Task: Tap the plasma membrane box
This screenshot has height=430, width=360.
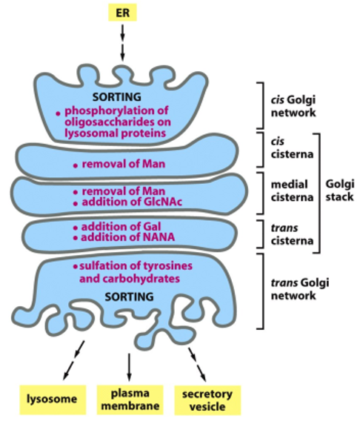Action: click(130, 400)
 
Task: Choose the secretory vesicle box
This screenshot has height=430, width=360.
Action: click(207, 400)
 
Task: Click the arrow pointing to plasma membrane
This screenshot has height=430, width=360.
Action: click(130, 366)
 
